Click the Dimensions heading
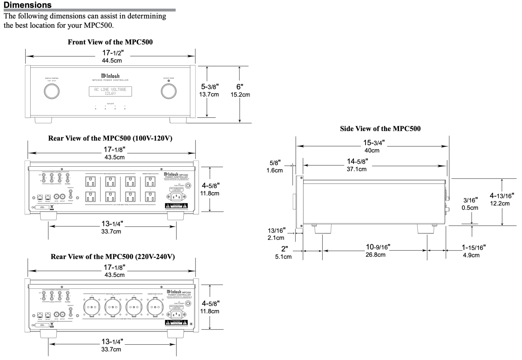[x=27, y=5]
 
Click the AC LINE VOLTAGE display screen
[x=110, y=91]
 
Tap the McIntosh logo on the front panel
[x=110, y=76]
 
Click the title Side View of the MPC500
[x=380, y=128]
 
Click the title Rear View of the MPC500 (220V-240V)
[x=113, y=257]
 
